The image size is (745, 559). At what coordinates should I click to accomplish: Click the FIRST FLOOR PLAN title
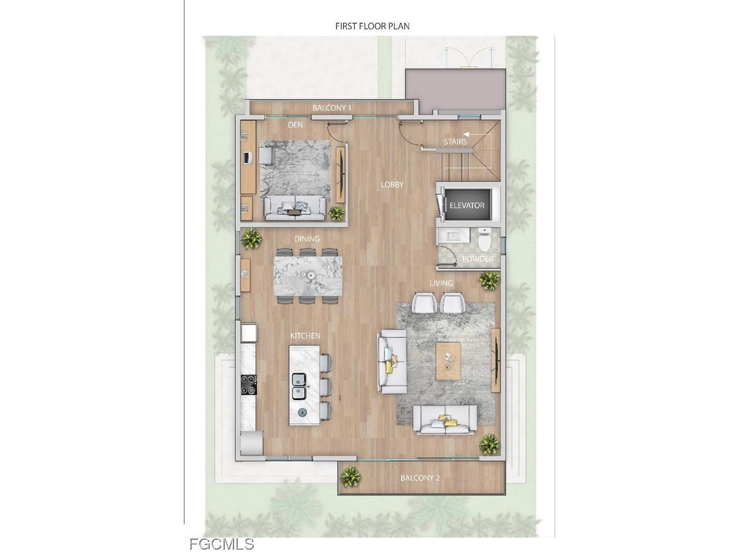pos(372,26)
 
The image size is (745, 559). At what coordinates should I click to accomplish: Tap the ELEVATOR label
pos(467,205)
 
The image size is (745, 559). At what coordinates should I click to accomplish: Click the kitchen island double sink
pos(298,386)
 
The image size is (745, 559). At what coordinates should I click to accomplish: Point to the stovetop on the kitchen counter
pos(249,384)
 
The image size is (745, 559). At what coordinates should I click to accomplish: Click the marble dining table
pos(308,276)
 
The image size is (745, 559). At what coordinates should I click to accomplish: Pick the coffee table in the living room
pos(448,360)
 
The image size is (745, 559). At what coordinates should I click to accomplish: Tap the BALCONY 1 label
pos(332,108)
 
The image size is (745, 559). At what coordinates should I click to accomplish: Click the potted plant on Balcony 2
pos(351,476)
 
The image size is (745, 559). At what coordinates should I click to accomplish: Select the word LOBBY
pos(392,184)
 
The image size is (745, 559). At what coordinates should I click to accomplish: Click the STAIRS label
pos(455,141)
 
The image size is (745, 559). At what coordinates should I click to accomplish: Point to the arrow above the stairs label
pos(470,133)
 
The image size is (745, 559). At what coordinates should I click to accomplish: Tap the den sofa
pos(295,208)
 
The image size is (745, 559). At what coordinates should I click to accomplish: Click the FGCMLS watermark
pos(222,544)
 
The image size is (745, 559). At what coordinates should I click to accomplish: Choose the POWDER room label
pos(477,259)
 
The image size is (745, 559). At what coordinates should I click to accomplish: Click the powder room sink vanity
pos(453,236)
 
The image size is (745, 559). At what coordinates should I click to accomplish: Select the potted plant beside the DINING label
pos(252,238)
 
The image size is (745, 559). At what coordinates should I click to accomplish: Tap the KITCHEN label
pos(305,336)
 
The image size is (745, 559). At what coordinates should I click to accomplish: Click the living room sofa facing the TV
pos(392,361)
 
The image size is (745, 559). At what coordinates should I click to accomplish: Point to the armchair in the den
pos(267,155)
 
